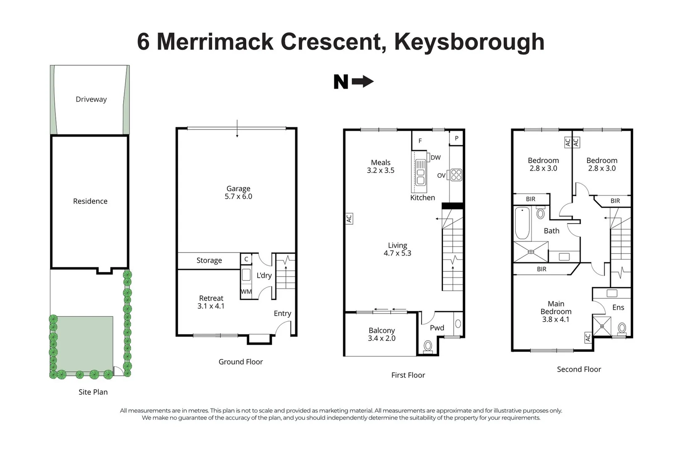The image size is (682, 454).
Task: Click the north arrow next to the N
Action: point(363,81)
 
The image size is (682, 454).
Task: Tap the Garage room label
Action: point(238,193)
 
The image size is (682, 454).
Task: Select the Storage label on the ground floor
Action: point(209,260)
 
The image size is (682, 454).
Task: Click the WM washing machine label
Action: point(246,291)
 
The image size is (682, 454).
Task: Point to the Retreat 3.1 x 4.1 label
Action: point(211,302)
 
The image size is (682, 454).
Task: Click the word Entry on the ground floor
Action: point(282,313)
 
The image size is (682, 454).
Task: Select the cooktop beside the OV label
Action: point(456,175)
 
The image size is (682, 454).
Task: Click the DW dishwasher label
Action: point(436,157)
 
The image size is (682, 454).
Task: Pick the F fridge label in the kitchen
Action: point(420,141)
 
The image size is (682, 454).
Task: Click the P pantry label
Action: point(457,138)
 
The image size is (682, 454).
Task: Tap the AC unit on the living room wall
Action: point(349,218)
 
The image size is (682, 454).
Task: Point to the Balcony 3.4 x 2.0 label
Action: point(382,334)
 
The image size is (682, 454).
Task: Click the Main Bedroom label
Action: point(556,311)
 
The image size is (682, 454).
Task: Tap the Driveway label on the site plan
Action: point(91,99)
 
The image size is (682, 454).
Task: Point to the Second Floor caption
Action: point(579,370)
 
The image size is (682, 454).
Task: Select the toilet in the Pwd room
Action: point(428,346)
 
